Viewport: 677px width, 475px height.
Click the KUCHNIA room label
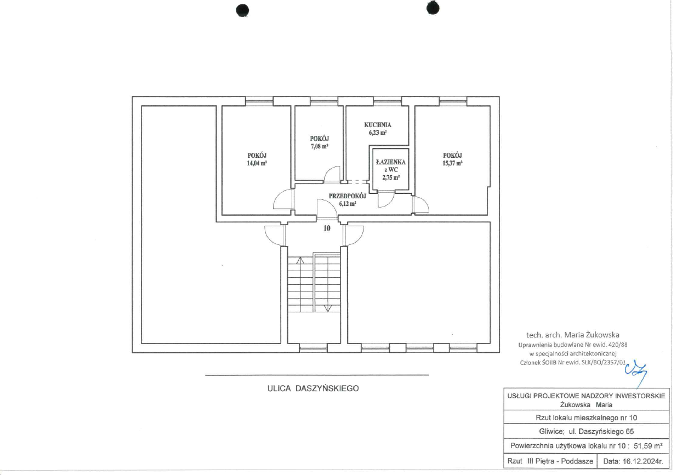pyautogui.click(x=378, y=125)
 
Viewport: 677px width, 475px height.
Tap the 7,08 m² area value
pyautogui.click(x=320, y=146)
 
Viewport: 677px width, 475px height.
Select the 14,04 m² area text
pyautogui.click(x=257, y=163)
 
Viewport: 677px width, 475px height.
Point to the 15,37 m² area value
pyautogui.click(x=452, y=163)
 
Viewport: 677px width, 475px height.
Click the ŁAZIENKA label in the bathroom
pyautogui.click(x=391, y=162)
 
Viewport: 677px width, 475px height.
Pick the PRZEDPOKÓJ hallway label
pyautogui.click(x=347, y=196)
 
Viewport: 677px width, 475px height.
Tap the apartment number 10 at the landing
pyautogui.click(x=327, y=228)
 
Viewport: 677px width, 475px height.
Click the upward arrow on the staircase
pyautogui.click(x=300, y=260)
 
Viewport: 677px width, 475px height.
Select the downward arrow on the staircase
pyautogui.click(x=328, y=308)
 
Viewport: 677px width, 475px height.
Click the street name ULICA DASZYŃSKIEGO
pyautogui.click(x=313, y=388)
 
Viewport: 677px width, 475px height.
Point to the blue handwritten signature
pyautogui.click(x=636, y=372)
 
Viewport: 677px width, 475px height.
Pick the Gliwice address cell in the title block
pyautogui.click(x=587, y=431)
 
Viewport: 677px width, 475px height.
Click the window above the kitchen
pyautogui.click(x=387, y=101)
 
